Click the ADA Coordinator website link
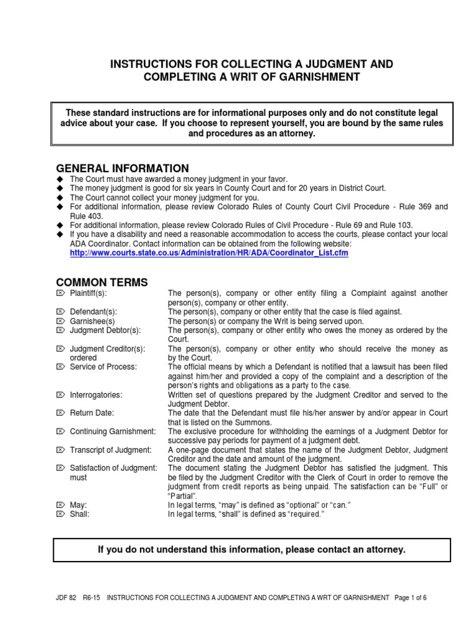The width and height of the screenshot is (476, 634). coord(201,254)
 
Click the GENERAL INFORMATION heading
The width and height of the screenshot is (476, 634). coord(123,168)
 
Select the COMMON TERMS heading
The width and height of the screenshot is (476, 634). coord(102,282)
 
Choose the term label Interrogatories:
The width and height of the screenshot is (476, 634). coord(96,394)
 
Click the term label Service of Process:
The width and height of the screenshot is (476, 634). coord(103,367)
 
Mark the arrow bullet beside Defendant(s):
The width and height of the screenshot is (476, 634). coord(60,312)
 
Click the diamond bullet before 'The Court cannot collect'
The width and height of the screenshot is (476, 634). coord(60,197)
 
